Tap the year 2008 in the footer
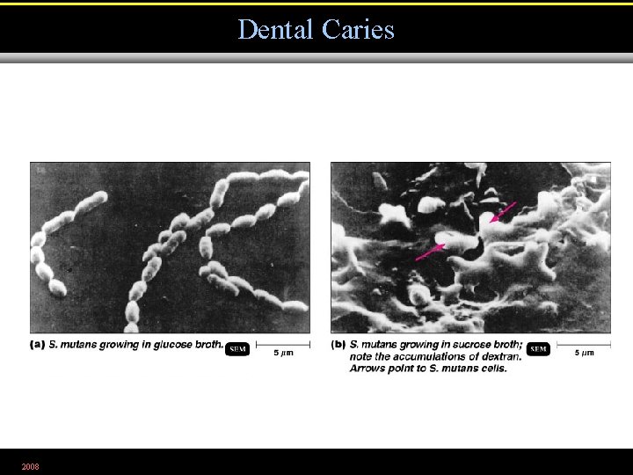[31, 465]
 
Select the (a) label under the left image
[38, 344]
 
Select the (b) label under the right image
[338, 344]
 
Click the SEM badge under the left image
[237, 349]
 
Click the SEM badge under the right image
[538, 349]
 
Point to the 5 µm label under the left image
[283, 354]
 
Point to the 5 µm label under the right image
[584, 354]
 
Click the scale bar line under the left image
[282, 344]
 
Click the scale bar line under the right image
[583, 344]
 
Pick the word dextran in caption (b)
[500, 356]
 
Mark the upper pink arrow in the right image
[503, 212]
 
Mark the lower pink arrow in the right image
[430, 252]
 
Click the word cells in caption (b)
[493, 368]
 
